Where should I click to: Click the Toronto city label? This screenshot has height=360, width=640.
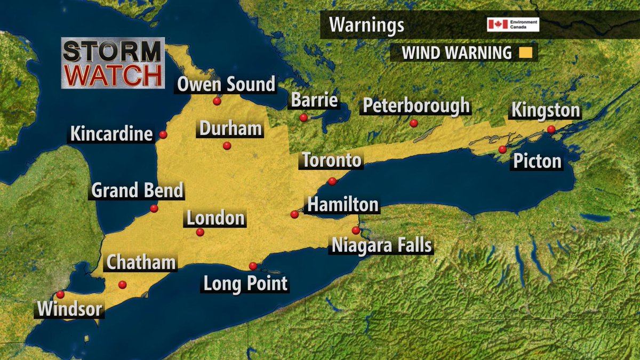[332, 160]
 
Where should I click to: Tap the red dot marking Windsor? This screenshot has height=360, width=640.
[60, 294]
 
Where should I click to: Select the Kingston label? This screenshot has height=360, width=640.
[546, 111]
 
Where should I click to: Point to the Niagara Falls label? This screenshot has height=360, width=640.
[381, 246]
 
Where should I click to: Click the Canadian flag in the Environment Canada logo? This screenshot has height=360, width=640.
[497, 25]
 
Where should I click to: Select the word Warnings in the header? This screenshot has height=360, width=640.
[366, 25]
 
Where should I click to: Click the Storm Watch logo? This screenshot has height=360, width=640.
[112, 63]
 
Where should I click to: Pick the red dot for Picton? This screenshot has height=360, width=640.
[502, 149]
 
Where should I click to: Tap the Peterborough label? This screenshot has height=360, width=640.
[416, 106]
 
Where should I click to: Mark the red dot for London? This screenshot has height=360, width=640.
[200, 232]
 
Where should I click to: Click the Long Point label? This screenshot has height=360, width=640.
[245, 283]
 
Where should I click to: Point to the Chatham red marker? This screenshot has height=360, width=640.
[123, 285]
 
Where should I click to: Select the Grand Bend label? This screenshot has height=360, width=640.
[137, 190]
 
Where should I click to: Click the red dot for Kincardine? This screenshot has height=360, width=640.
[163, 135]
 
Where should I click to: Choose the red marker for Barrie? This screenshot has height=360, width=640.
[303, 117]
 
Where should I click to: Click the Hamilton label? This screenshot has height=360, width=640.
[343, 204]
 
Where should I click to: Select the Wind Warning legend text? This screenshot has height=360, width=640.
[457, 53]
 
